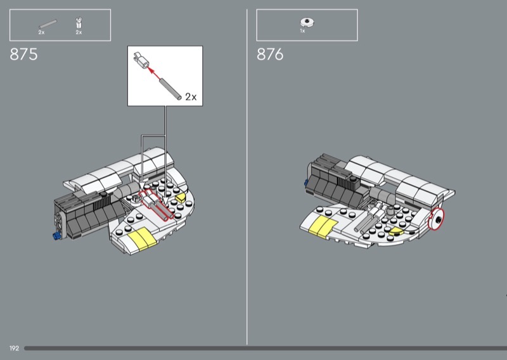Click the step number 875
23,55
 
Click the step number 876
270,55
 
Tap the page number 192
14,349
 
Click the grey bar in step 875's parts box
48,25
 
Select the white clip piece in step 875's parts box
79,23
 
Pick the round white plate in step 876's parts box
307,22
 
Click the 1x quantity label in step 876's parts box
302,31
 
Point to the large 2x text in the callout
191,97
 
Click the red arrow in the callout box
154,72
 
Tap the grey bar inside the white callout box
170,88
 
